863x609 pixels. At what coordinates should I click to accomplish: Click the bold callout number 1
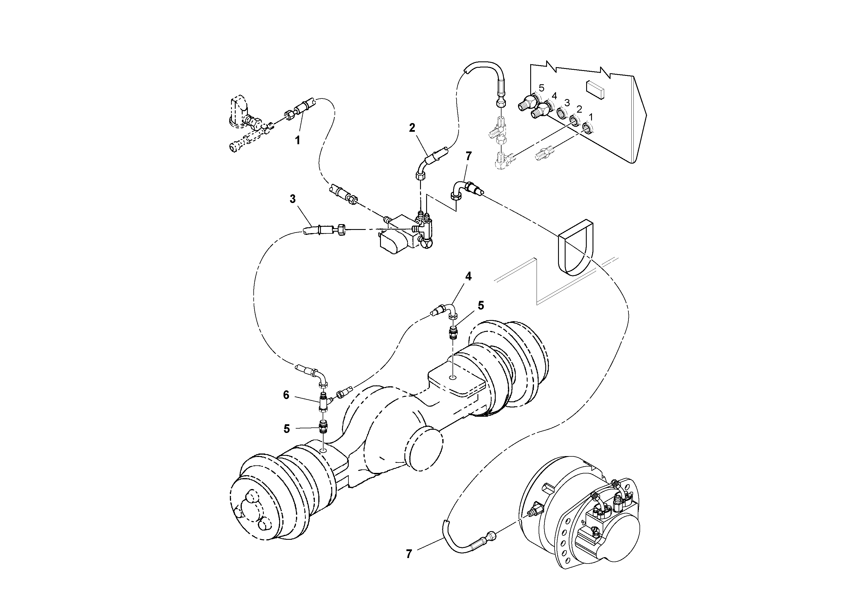[x=297, y=141]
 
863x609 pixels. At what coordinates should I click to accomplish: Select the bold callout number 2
[x=412, y=128]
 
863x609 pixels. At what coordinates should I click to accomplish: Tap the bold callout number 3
[x=293, y=199]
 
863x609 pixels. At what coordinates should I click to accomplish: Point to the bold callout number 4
[x=468, y=276]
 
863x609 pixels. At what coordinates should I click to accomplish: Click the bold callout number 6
[x=286, y=395]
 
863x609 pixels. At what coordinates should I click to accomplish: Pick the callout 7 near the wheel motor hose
[x=409, y=554]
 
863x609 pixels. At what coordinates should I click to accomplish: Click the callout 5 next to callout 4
[x=481, y=306]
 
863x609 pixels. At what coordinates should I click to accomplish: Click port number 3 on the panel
[x=567, y=103]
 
